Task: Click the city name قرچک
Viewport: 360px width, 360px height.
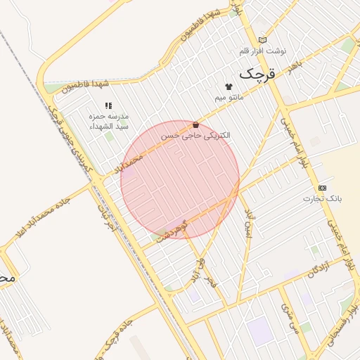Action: [x=259, y=72]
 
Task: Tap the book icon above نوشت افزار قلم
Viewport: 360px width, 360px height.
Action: [x=262, y=40]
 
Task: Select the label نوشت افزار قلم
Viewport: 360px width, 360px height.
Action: [x=262, y=51]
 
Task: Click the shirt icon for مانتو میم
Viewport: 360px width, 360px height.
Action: [x=229, y=86]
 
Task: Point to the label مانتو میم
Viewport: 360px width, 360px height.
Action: [x=229, y=96]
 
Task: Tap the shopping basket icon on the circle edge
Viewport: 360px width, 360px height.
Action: [x=195, y=125]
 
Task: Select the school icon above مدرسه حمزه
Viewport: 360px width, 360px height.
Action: [x=109, y=105]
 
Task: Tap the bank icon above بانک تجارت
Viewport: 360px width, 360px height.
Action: [x=322, y=188]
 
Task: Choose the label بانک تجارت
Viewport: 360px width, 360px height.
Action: [x=322, y=198]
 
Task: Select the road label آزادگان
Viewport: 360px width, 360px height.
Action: [x=318, y=268]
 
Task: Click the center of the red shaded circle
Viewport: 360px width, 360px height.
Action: [x=180, y=180]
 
